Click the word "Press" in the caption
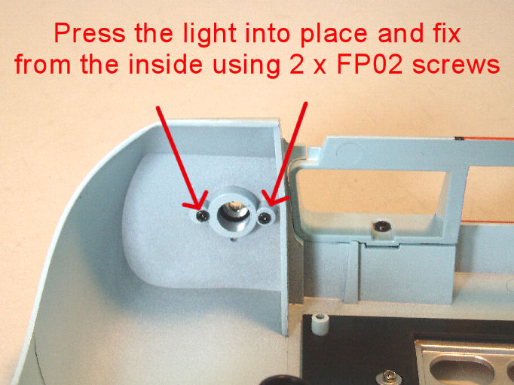point(90,33)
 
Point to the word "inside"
point(165,64)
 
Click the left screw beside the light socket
point(202,216)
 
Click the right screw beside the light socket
point(264,218)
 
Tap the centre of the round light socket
point(234,213)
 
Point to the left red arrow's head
point(197,204)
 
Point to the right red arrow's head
point(271,200)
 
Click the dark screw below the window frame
point(381,226)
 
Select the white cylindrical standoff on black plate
point(320,324)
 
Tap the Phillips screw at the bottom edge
point(388,377)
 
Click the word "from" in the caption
point(43,64)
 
